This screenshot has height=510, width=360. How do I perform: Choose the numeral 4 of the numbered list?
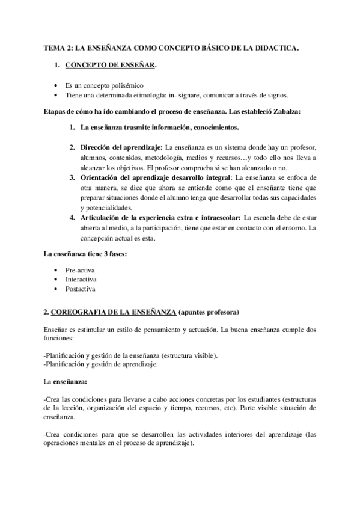[x=72, y=217]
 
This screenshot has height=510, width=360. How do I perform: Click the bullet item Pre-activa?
[x=79, y=270]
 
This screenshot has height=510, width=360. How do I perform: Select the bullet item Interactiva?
[x=81, y=280]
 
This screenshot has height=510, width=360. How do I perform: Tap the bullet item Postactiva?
[x=80, y=289]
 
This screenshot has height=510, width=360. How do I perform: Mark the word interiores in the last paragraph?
[x=233, y=434]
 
